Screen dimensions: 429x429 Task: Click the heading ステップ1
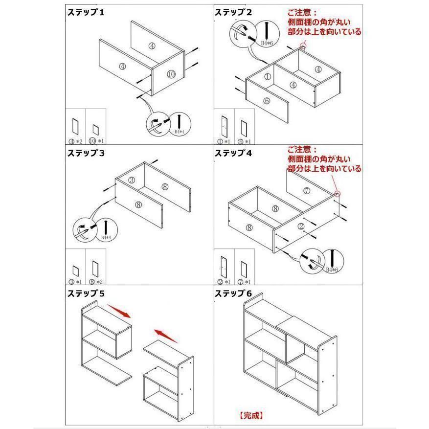click(x=86, y=13)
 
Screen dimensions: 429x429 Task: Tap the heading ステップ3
click(x=86, y=153)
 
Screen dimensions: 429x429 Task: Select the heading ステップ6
click(x=234, y=294)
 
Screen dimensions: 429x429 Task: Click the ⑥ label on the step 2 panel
click(x=267, y=101)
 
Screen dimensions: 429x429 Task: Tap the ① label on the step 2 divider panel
click(x=267, y=77)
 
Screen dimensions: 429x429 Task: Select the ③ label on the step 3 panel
click(x=132, y=181)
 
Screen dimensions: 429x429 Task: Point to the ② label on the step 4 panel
click(x=301, y=226)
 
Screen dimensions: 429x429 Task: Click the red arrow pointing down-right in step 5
click(x=119, y=312)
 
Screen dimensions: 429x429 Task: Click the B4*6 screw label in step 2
click(x=267, y=44)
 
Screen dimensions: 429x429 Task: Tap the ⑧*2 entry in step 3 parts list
click(x=96, y=282)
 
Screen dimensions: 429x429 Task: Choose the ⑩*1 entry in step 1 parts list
click(x=96, y=141)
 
